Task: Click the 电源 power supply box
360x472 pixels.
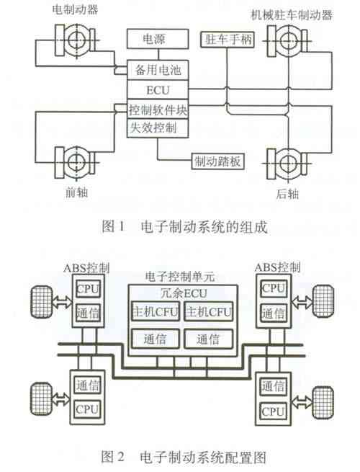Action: click(158, 39)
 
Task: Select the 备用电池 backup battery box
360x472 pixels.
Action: click(158, 70)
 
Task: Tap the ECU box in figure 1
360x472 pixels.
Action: click(158, 89)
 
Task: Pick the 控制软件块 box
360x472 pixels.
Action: click(158, 110)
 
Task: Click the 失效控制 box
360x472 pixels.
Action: click(158, 128)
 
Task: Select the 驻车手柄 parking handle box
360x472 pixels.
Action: click(228, 40)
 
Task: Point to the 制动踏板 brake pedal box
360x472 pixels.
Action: click(218, 161)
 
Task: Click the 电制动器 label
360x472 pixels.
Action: click(75, 9)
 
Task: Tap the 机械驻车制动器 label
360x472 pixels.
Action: click(292, 14)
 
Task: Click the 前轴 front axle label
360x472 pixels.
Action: click(77, 192)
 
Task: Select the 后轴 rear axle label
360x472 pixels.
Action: click(287, 194)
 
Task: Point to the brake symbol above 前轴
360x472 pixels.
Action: click(76, 163)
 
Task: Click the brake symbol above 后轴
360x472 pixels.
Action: click(288, 164)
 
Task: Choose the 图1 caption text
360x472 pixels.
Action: click(184, 226)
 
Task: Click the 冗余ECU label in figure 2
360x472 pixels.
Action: click(184, 293)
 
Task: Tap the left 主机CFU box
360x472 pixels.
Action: click(156, 311)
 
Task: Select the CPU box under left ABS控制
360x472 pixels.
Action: click(88, 289)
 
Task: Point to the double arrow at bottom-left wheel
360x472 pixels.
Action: click(60, 399)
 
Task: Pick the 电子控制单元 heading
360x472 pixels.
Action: click(180, 276)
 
